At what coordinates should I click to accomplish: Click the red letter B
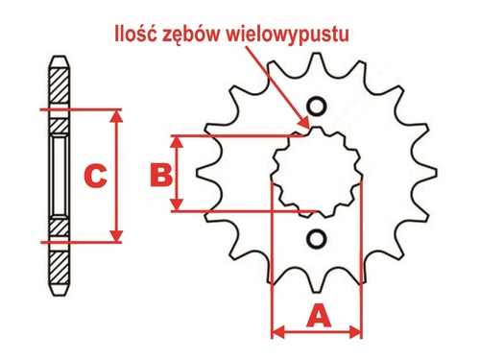click(161, 174)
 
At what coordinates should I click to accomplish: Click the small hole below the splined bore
click(316, 237)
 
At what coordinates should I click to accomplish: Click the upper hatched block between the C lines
click(58, 122)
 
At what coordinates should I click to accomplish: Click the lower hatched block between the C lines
click(58, 229)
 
